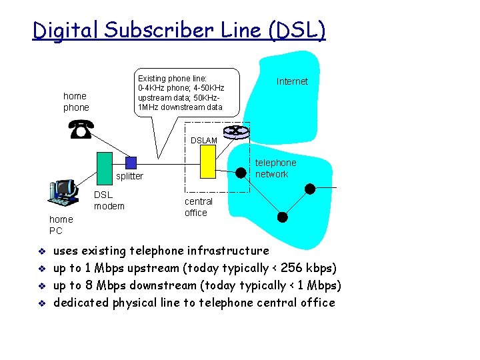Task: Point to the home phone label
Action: click(76, 101)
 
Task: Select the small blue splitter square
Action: click(131, 162)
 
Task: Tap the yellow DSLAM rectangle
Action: click(208, 161)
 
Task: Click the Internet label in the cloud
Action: click(292, 81)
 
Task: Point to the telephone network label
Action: click(275, 168)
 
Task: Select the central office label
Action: click(198, 207)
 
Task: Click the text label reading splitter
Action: click(129, 176)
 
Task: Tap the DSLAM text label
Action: click(203, 141)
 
